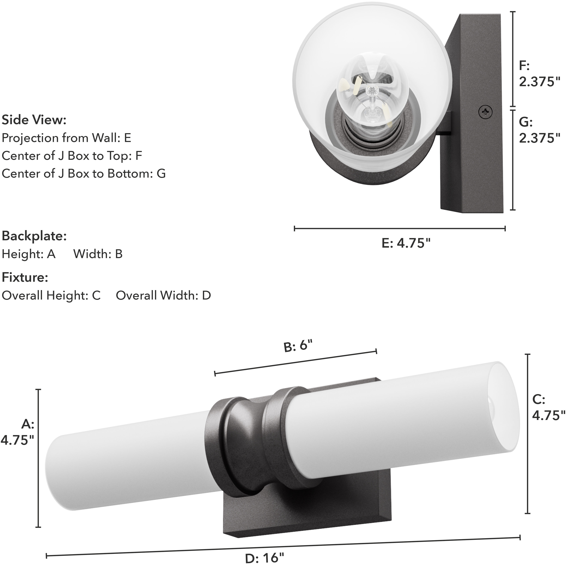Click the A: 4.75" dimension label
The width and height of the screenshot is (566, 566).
pos(18,432)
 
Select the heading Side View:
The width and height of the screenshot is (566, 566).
pos(34,120)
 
